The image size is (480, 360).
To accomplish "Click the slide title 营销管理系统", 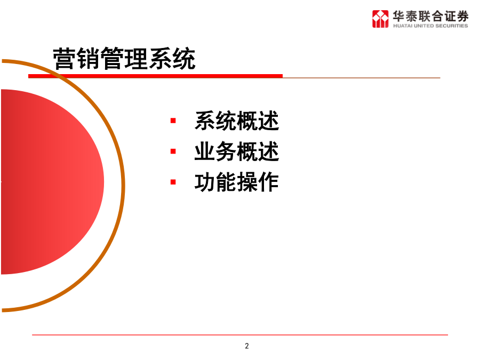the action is tap(124, 59).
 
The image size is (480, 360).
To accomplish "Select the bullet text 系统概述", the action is tap(237, 121).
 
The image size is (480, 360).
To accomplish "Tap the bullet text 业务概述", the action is tap(237, 151).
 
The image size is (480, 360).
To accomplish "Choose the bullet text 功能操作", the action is tap(237, 182).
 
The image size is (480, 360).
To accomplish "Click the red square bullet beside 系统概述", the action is tap(173, 121).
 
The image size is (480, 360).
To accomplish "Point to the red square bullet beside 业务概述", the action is tap(173, 151).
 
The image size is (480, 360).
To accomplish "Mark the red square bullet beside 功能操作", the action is tap(173, 182).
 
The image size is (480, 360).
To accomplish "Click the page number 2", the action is tap(247, 346).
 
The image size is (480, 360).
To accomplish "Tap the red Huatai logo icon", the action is tap(380, 19).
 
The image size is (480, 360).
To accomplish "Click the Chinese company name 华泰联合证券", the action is tap(431, 16).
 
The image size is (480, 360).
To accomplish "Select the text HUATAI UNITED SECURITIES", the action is tap(430, 26).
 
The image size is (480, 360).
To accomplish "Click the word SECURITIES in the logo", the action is tap(452, 26).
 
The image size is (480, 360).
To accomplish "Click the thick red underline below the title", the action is tap(155, 76).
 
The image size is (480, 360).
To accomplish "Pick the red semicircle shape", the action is tap(52, 182).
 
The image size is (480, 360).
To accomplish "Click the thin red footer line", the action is tap(240, 335).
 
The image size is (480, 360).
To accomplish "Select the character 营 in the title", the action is tap(65, 59).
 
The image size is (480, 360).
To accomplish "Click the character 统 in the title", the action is tap(184, 59).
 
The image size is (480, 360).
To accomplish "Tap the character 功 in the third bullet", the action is tap(205, 182).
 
